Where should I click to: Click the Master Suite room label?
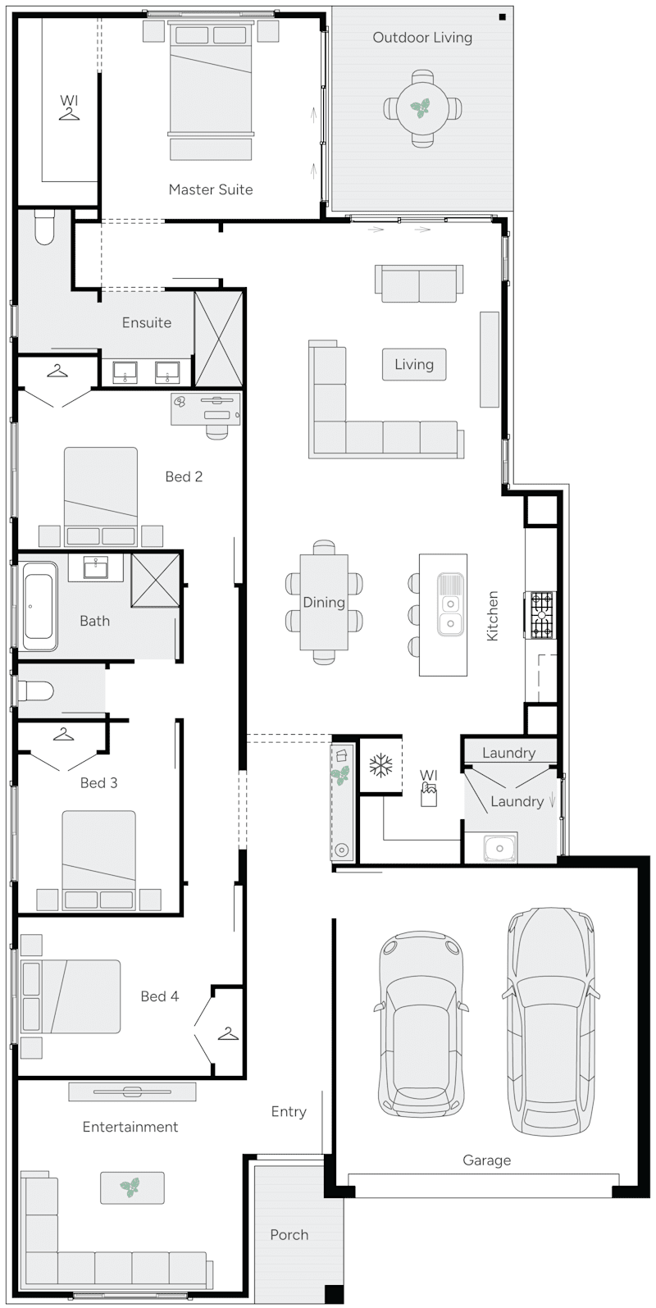click(x=211, y=189)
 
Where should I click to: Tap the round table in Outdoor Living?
click(x=421, y=107)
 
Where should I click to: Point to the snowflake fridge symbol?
click(x=380, y=766)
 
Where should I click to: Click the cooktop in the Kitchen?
click(x=542, y=615)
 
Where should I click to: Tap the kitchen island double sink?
click(x=449, y=604)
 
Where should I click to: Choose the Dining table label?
click(x=323, y=603)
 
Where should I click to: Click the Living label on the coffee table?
click(x=413, y=364)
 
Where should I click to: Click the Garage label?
click(x=486, y=1160)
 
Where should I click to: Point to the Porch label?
click(x=289, y=1234)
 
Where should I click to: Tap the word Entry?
click(x=289, y=1112)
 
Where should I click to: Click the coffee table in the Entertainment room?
click(x=131, y=1187)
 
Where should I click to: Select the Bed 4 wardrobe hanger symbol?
click(x=228, y=1034)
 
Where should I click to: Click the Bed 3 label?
click(x=98, y=783)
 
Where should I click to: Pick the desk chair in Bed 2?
click(x=217, y=430)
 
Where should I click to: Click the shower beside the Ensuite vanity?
click(x=218, y=339)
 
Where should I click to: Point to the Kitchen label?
click(x=493, y=616)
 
